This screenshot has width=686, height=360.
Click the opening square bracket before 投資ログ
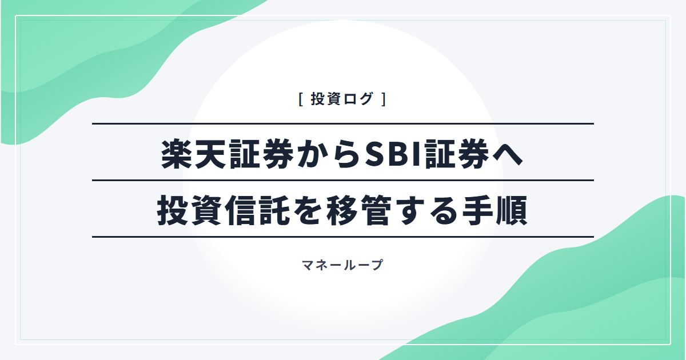(x=301, y=99)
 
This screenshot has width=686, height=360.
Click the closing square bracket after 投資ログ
(x=384, y=99)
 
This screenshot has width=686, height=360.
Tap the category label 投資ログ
(x=342, y=99)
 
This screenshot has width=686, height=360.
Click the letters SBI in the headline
(x=392, y=154)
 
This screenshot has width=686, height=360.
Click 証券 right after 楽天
(x=261, y=154)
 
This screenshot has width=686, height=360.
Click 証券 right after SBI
(x=456, y=154)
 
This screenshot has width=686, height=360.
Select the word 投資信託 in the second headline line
(x=224, y=211)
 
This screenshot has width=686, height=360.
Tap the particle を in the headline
(x=308, y=211)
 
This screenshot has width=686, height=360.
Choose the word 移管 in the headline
(x=359, y=211)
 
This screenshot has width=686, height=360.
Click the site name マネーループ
(x=342, y=265)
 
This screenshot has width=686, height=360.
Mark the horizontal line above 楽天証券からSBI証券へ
(x=342, y=123)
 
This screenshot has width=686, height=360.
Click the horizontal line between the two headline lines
(x=342, y=181)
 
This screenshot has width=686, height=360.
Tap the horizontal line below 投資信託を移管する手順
(x=342, y=237)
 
